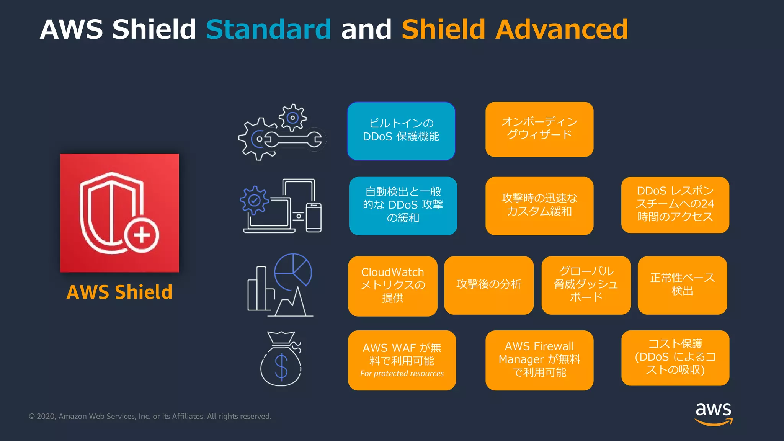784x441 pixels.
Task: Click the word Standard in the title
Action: point(268,29)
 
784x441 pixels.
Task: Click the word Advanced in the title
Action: point(562,29)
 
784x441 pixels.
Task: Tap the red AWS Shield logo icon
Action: point(119,213)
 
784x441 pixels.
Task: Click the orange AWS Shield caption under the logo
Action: point(119,292)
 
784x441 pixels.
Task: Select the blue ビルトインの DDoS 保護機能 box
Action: point(401,131)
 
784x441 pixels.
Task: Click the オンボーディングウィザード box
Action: point(539,129)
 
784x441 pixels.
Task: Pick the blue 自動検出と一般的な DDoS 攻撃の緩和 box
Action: point(403,206)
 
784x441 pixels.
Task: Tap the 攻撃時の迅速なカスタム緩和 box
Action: point(539,206)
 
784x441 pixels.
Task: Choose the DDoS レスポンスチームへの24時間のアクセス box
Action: point(675,204)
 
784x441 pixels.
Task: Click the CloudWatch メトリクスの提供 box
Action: point(392,286)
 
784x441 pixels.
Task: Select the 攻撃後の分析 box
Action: point(488,285)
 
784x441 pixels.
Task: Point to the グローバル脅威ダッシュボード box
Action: point(586,285)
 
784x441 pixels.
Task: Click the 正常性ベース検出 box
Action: point(682,285)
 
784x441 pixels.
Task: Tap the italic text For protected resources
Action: point(402,374)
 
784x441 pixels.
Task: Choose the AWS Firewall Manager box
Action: point(539,360)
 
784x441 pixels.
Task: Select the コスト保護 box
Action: point(675,358)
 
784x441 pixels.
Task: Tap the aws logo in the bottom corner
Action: point(713,413)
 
